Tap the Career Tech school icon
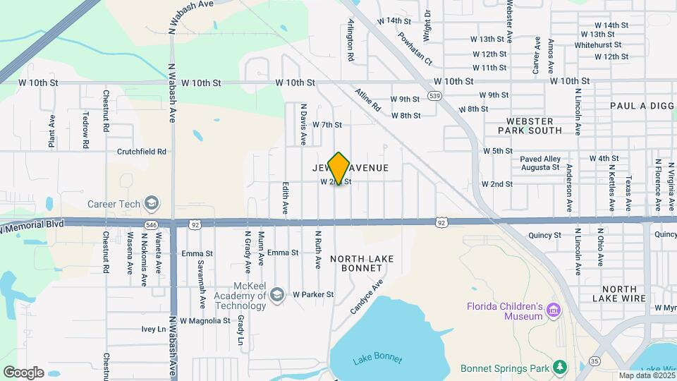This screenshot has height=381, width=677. (150, 205)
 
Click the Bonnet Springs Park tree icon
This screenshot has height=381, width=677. (560, 367)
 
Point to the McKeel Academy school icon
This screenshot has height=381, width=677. (276, 294)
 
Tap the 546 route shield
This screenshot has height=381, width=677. (151, 224)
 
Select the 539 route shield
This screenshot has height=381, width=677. (434, 96)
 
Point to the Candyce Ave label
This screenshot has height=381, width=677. (366, 297)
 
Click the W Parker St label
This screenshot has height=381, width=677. (312, 294)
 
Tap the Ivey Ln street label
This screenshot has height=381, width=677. (152, 329)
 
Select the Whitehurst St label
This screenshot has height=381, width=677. (597, 44)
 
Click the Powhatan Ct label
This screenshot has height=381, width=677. (414, 48)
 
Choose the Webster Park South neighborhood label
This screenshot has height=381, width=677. (530, 126)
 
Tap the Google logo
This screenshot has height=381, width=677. (23, 372)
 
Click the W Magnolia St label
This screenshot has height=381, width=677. (205, 320)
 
